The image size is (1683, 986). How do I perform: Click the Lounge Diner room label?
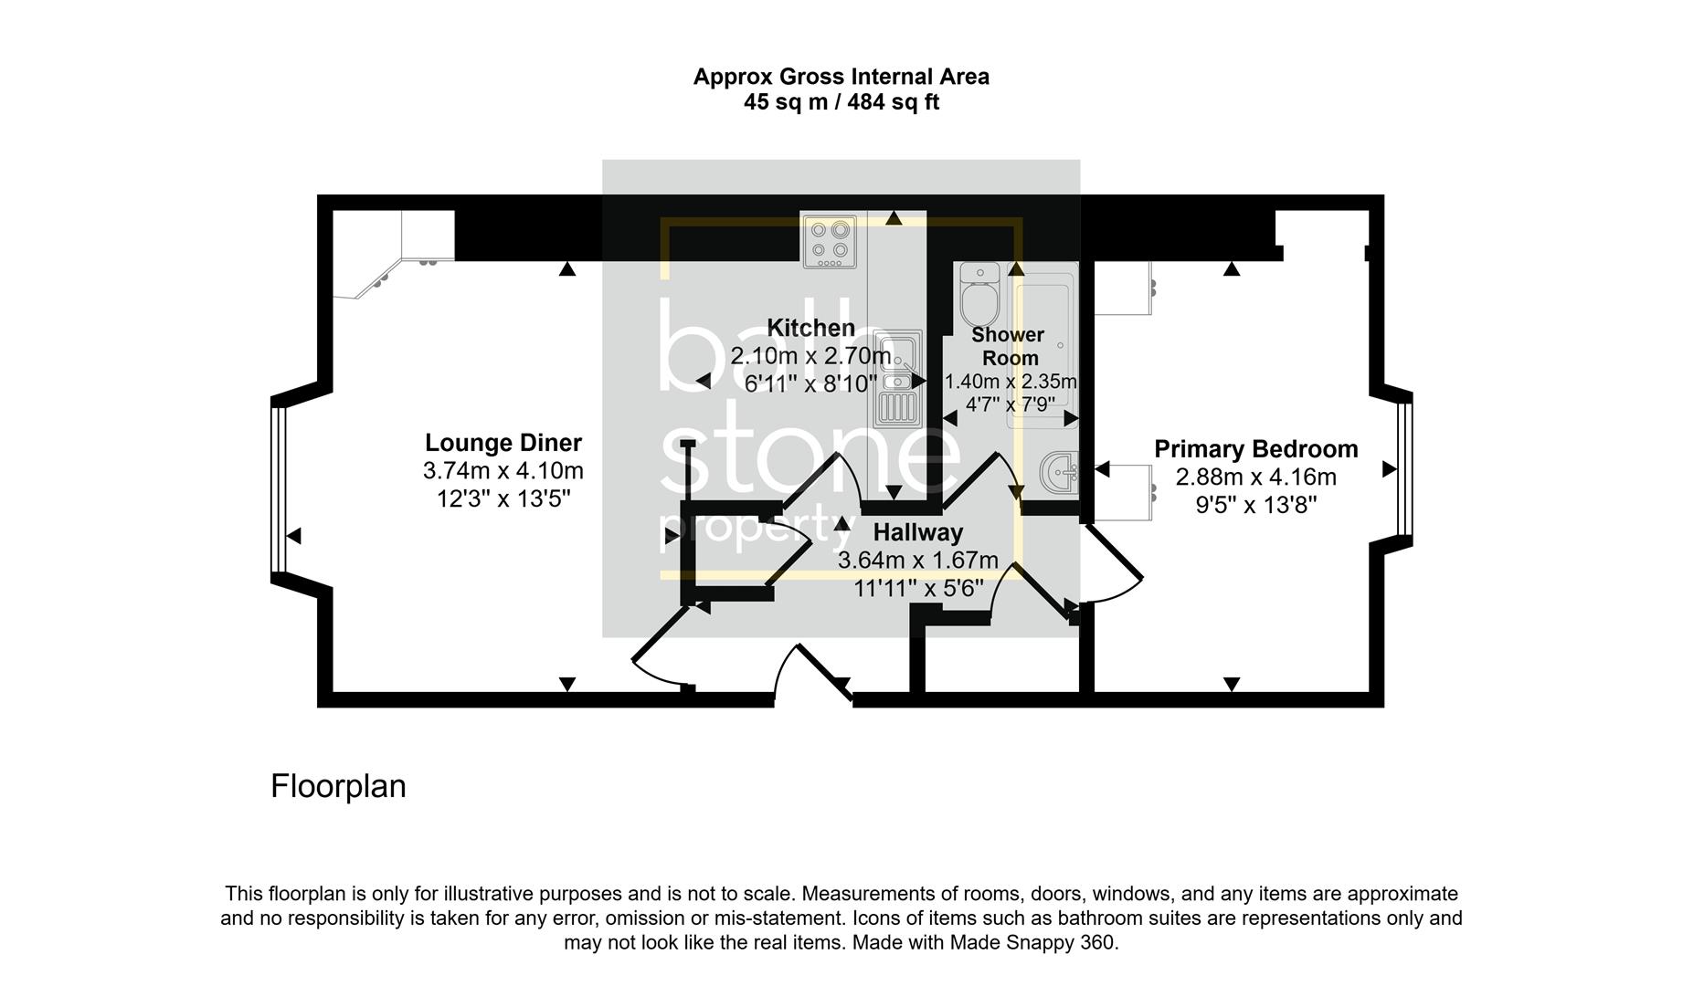pos(503,443)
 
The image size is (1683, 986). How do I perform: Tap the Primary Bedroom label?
pos(1255,449)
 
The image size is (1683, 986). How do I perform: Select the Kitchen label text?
pos(810,328)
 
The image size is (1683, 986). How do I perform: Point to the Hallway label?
pos(917,532)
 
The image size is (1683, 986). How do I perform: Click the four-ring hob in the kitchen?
pos(830,242)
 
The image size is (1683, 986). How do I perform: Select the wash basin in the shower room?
pos(1058,472)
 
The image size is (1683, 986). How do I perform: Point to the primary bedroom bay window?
pos(1405,469)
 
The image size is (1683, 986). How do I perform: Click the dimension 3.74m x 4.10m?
pos(503,472)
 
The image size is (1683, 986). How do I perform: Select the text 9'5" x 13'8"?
pos(1255,505)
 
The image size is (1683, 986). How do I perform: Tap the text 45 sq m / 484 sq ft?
pos(841,102)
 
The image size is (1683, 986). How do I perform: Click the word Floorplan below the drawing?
pos(338,786)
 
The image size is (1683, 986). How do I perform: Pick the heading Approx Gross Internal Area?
pos(841,77)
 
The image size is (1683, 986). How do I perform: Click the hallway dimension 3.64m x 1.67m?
pos(917,561)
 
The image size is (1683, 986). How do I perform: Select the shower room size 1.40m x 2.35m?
pos(1010,382)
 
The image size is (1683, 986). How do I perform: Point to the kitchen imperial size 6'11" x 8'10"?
pos(810,384)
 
